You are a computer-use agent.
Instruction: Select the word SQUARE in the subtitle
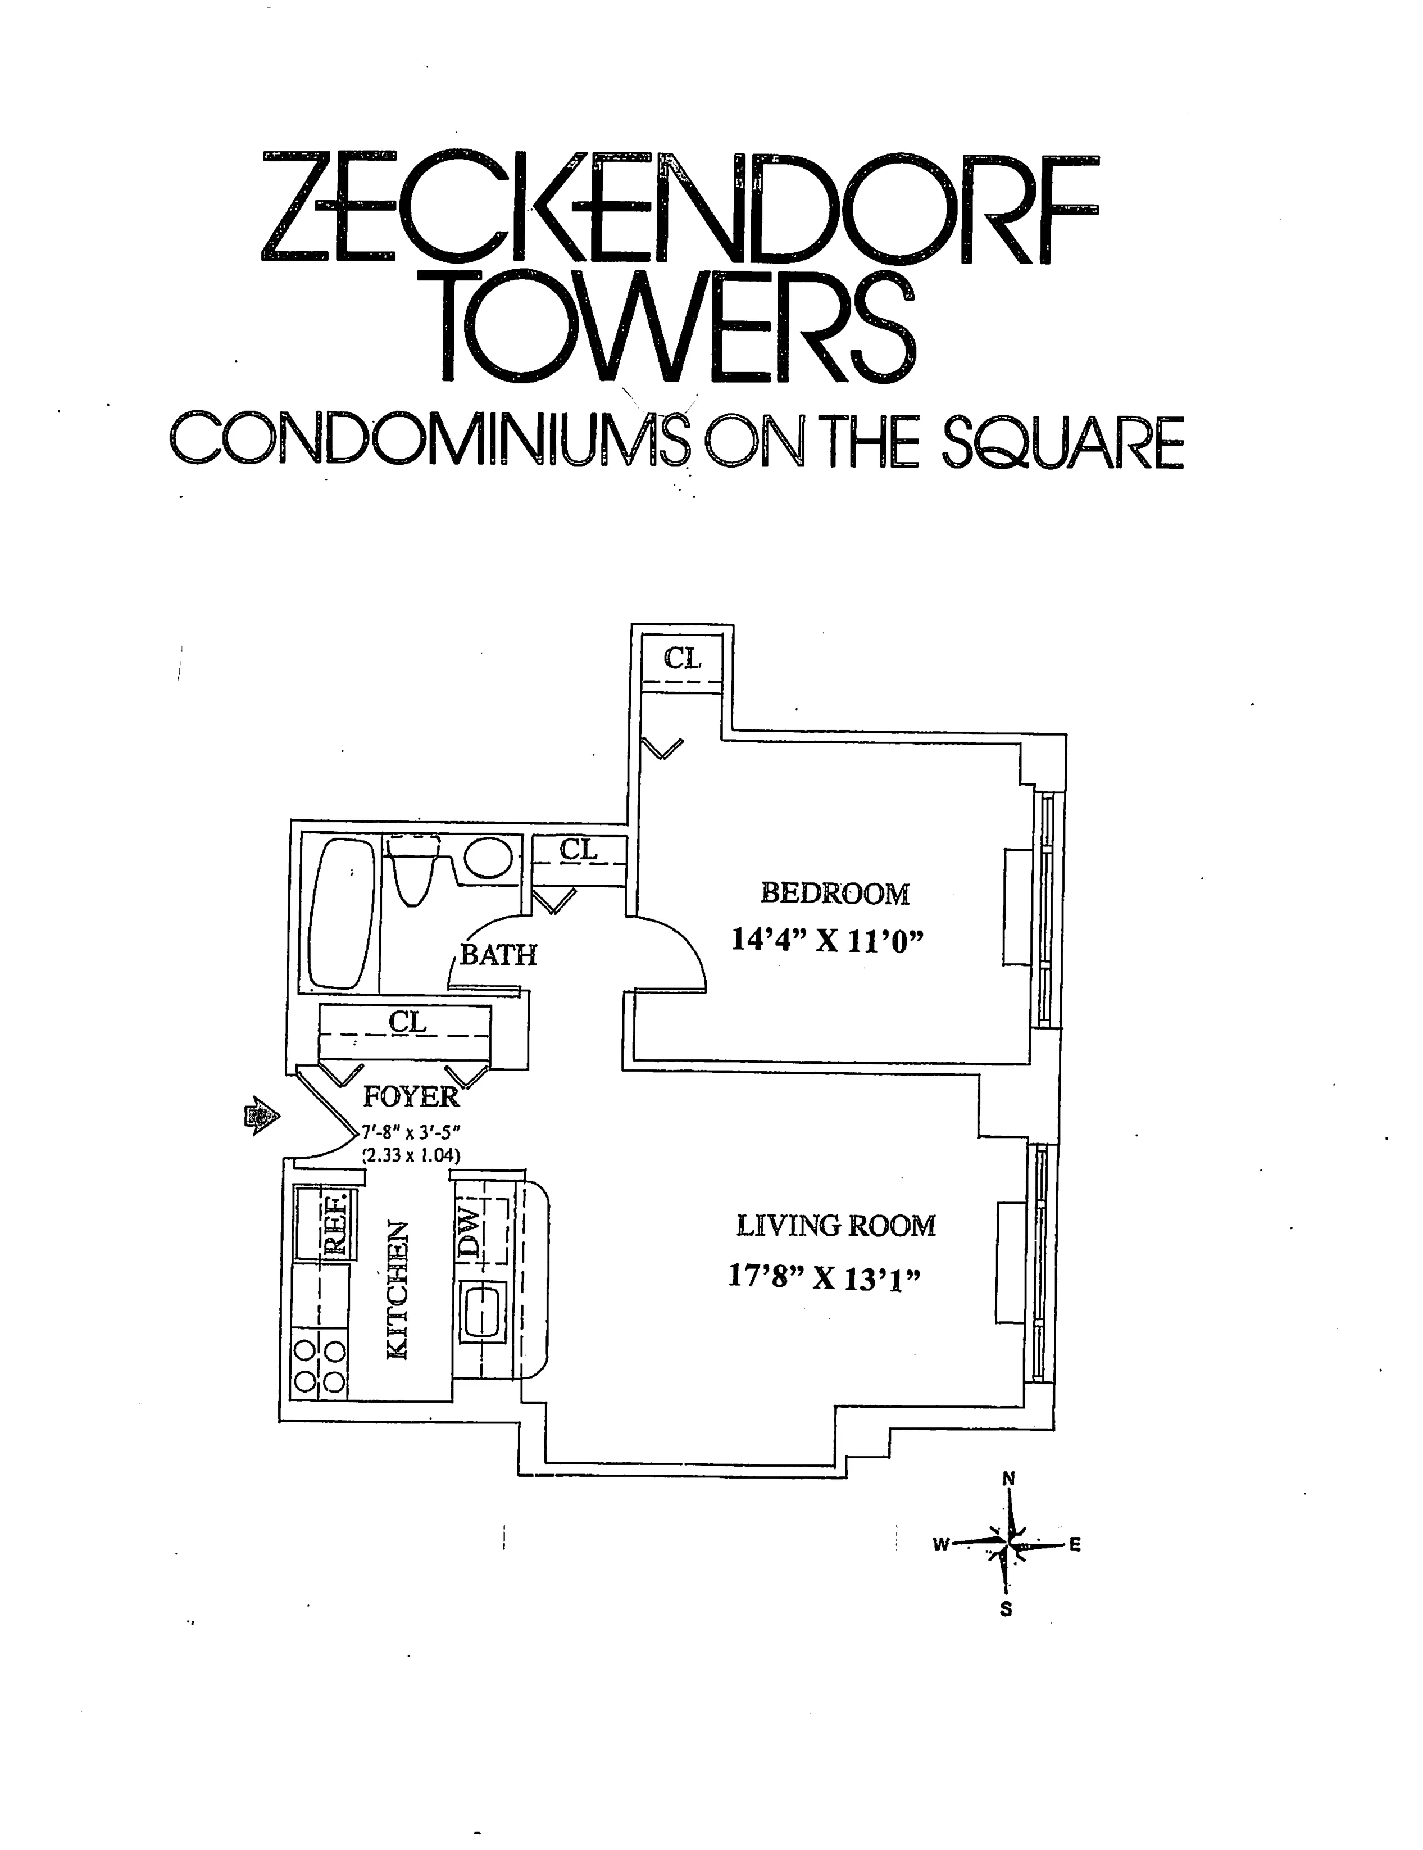tap(1062, 442)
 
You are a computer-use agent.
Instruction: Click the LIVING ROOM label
tap(836, 1226)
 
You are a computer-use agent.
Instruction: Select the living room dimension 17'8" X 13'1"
tap(824, 1277)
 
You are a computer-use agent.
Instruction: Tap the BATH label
tap(498, 955)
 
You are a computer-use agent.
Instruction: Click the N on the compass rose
tap(1008, 1479)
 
